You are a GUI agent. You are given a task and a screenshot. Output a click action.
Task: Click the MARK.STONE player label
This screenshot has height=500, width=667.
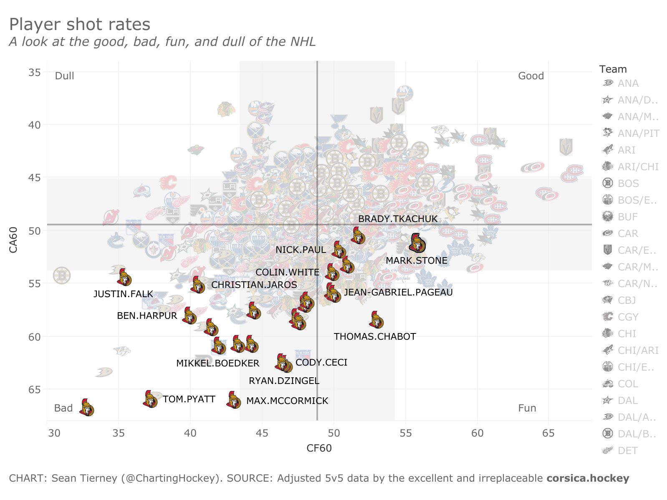pos(416,261)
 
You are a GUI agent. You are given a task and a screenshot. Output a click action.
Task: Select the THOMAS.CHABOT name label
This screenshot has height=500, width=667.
pos(375,336)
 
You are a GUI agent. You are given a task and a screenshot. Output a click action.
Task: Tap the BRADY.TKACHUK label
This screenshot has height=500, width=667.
pos(398,219)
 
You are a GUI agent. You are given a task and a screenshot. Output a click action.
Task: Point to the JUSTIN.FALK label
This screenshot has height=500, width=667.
pos(123,294)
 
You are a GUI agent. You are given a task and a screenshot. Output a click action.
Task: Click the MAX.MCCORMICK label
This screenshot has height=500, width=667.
pos(287,401)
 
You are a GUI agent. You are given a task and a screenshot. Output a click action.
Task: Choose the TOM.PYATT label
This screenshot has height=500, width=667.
pos(189,399)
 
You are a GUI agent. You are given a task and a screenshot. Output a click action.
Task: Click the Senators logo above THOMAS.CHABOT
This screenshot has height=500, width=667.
pos(376,320)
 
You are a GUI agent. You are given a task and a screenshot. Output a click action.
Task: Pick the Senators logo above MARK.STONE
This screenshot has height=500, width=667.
pos(417,243)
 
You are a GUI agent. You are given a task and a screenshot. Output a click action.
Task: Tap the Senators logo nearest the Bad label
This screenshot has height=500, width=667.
pos(86,408)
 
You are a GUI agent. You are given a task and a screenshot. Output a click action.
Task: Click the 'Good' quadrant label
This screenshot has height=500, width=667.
pos(531,76)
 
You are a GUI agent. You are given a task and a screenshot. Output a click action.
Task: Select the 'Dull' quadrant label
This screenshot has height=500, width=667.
pos(65,76)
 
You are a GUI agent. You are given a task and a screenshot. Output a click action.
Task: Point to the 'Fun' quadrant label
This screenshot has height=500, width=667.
pos(527,408)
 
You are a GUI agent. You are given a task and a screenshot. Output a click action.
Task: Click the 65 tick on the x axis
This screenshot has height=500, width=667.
pos(548,433)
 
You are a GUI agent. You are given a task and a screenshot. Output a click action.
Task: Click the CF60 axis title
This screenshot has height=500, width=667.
pos(319,448)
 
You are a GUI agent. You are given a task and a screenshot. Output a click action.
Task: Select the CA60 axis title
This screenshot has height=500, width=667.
pos(13,240)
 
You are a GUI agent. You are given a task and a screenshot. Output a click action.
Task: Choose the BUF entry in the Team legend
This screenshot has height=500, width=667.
pos(627,217)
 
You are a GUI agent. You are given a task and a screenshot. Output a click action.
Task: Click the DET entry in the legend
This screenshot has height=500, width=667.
pos(627,451)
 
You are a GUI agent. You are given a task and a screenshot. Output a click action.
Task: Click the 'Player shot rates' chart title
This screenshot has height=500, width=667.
pos(80,25)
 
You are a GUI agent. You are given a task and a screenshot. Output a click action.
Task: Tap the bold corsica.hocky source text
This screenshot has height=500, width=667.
pos(588,478)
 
